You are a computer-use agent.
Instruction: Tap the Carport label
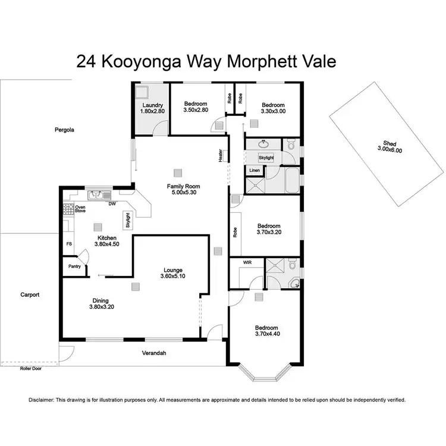click(x=30, y=294)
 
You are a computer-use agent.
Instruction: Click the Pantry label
click(x=74, y=266)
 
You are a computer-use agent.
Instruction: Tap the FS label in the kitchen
click(x=69, y=244)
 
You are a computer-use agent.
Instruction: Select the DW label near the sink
click(x=111, y=204)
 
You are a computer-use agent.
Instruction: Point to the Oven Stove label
click(x=80, y=209)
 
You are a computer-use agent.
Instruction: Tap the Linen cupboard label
click(x=255, y=171)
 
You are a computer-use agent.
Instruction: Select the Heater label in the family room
click(x=221, y=155)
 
